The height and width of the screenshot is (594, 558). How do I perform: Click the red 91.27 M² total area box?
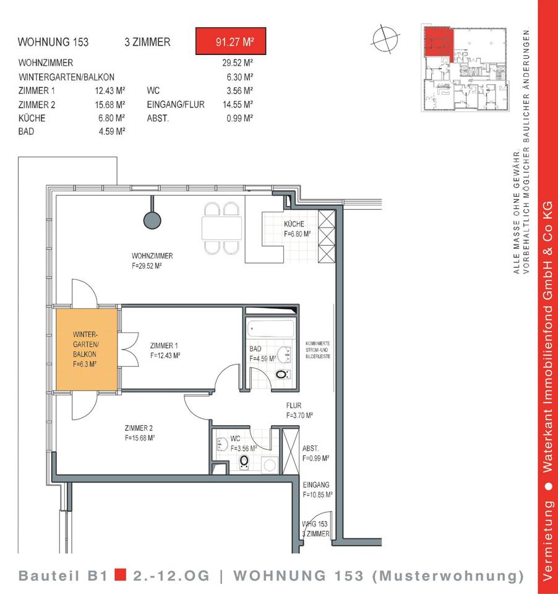(x=231, y=41)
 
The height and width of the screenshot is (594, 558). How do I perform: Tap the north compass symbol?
(x=385, y=38)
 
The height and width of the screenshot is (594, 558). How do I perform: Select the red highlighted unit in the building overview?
(x=438, y=43)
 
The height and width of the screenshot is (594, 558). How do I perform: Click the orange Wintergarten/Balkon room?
(x=87, y=349)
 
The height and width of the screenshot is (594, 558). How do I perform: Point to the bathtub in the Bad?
(x=271, y=329)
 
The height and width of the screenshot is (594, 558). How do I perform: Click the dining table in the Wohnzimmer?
(x=221, y=228)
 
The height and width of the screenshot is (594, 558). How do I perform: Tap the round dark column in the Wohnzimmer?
(x=152, y=220)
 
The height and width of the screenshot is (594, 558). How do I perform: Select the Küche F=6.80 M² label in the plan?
(x=298, y=229)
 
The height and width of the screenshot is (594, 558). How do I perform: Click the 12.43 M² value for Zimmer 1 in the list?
(x=110, y=91)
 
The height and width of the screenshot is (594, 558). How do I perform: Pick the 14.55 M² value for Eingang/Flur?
(x=238, y=104)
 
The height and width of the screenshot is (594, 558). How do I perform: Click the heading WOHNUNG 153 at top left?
(x=53, y=41)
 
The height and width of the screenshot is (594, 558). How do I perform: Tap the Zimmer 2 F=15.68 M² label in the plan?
(x=140, y=433)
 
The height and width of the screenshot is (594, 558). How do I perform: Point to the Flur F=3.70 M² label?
(x=299, y=410)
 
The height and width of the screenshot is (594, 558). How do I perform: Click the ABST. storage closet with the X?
(x=291, y=451)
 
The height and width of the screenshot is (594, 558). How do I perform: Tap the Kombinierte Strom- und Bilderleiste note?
(x=318, y=350)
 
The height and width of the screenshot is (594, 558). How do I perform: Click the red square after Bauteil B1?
(x=121, y=575)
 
